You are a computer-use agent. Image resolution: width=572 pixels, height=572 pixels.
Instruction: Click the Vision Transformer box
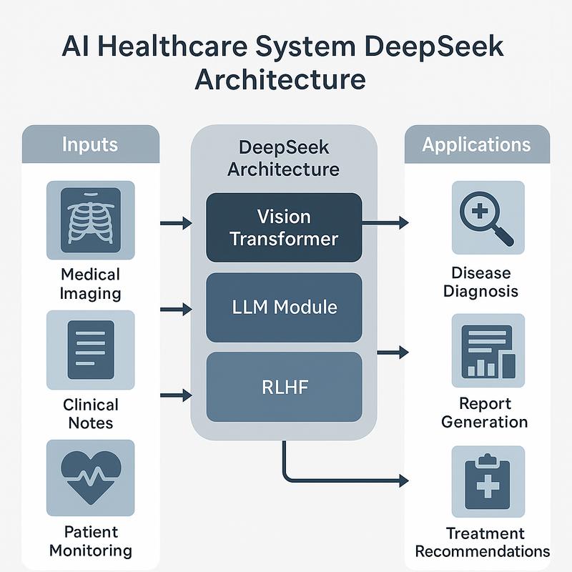(284, 227)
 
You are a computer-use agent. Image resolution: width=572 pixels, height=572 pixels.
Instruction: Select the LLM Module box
(284, 307)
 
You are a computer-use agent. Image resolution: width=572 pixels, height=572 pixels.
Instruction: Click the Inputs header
(90, 144)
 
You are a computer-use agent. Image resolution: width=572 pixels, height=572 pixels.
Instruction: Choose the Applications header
(476, 144)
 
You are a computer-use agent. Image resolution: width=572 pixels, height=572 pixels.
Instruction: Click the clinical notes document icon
(90, 350)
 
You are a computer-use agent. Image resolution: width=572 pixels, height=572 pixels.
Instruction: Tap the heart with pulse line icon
(90, 478)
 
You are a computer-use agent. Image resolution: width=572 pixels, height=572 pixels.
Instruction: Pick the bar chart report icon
(488, 350)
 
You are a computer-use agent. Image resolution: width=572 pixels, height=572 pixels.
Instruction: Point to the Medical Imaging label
(90, 284)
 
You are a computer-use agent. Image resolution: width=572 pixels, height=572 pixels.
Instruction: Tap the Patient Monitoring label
(90, 541)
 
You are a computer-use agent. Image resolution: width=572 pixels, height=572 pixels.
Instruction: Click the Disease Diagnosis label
(480, 282)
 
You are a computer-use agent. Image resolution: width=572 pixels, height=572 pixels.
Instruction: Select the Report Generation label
(484, 413)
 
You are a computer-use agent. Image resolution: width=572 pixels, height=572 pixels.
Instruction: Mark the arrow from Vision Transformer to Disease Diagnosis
(385, 223)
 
